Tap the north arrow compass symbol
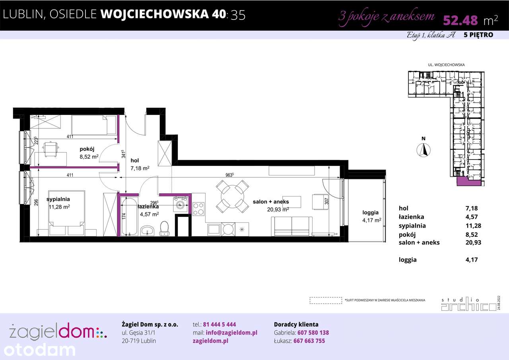tap(424, 150)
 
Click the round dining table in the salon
tap(232, 195)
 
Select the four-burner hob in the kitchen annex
tap(198, 208)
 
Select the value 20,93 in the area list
tap(473, 242)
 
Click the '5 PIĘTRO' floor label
tap(478, 35)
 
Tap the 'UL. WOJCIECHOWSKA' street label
tap(446, 64)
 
